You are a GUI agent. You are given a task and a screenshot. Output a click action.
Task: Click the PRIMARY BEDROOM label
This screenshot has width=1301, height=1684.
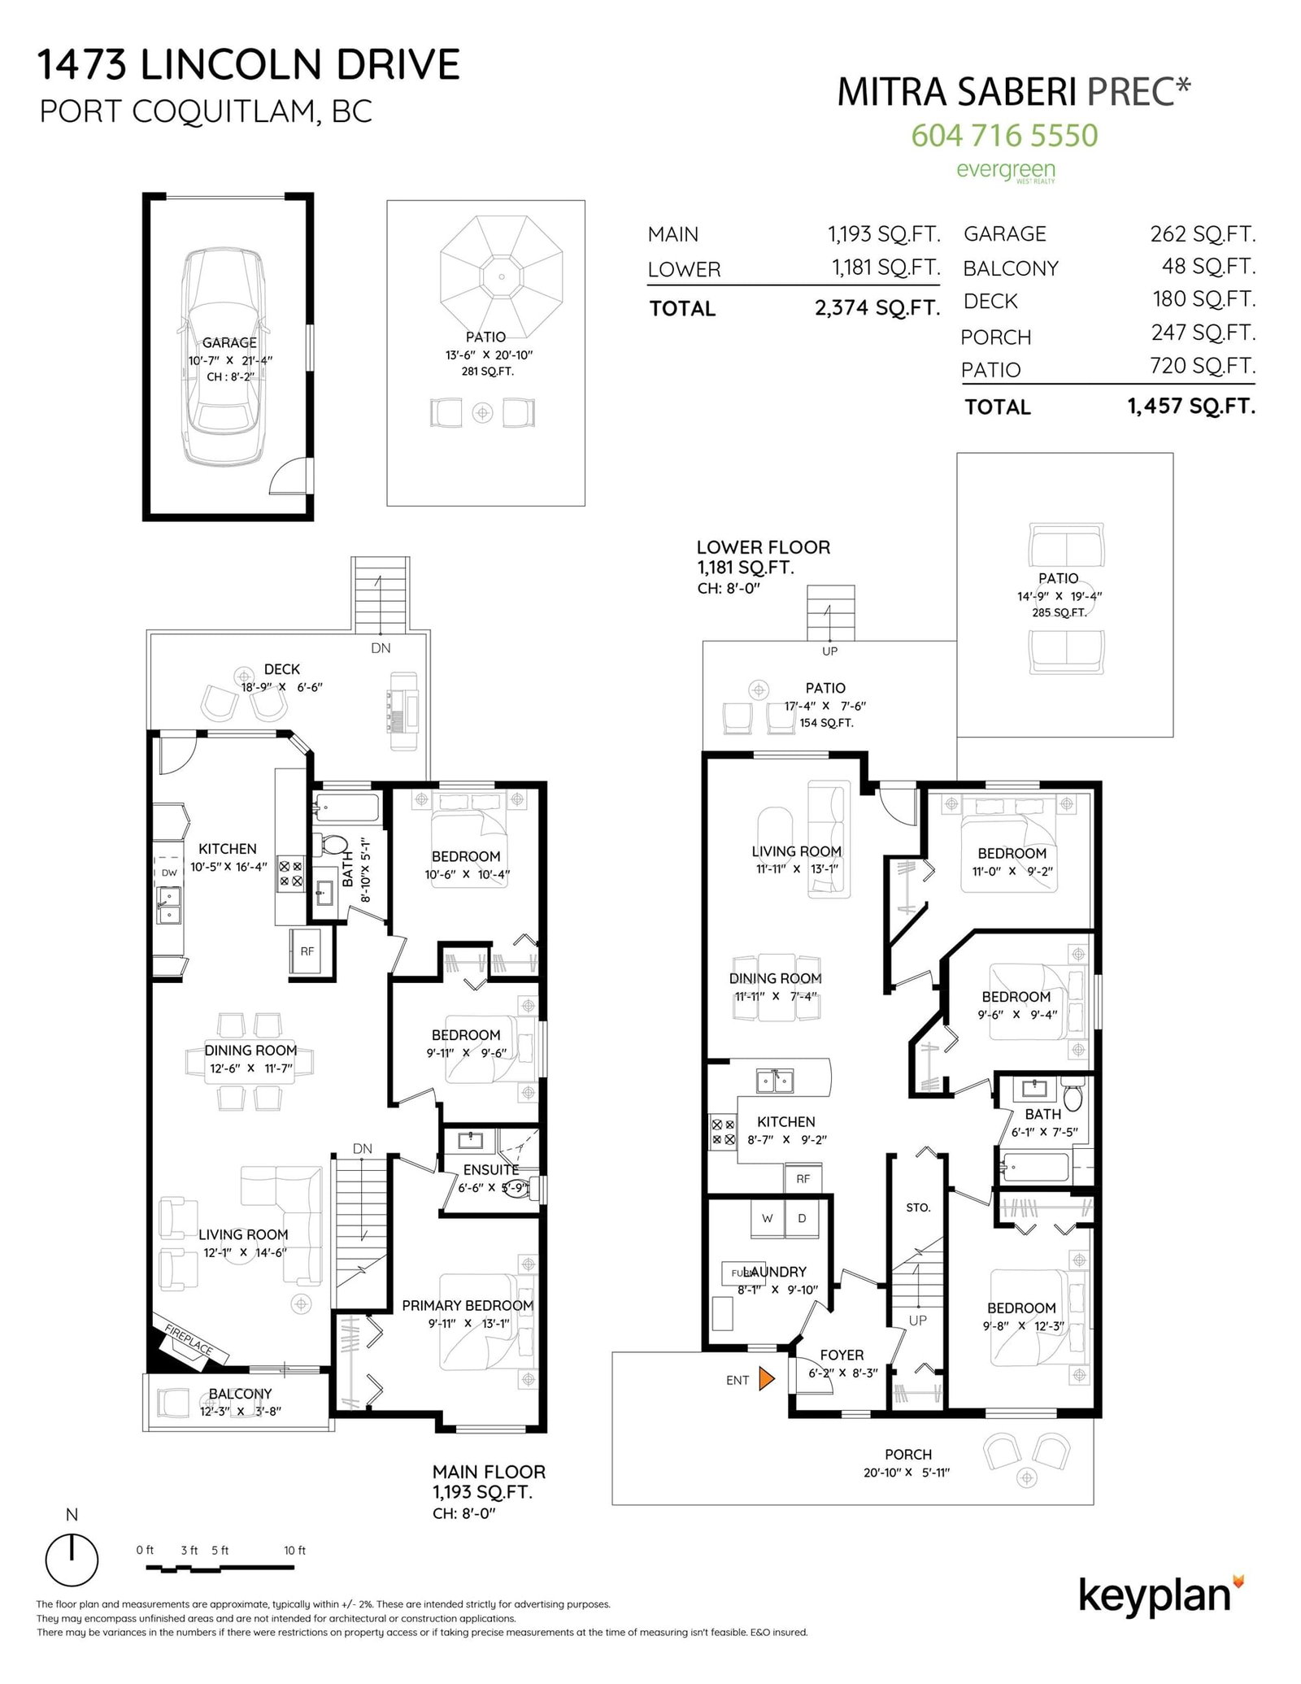[x=468, y=1305]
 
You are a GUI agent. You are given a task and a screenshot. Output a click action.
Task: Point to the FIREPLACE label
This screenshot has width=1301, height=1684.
[x=189, y=1339]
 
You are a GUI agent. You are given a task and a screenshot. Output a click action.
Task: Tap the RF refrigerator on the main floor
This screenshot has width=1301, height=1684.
[x=307, y=951]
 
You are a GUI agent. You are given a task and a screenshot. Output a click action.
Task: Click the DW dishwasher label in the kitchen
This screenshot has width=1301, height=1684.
[x=169, y=872]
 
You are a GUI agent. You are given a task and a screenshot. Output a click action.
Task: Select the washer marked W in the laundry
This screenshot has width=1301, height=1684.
[x=767, y=1218]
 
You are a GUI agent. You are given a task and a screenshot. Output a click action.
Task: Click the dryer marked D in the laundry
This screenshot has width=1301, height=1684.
[x=802, y=1218]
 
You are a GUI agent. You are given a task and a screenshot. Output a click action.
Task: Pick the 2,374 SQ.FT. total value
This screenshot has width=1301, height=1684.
[x=877, y=308]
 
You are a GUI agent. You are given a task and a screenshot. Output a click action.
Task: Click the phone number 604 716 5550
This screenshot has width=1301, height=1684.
[x=1004, y=135]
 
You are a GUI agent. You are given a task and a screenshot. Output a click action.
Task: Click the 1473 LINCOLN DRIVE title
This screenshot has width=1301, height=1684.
[x=249, y=65]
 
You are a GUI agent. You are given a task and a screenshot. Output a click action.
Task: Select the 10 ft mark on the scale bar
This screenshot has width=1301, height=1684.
[x=294, y=1551]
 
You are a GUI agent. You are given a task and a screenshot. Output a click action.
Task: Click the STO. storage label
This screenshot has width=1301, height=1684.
[x=918, y=1208]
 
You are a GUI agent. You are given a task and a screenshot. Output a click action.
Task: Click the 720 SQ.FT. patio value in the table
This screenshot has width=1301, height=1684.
[x=1203, y=366]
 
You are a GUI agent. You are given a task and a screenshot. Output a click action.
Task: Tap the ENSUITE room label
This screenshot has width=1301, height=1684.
[x=491, y=1169]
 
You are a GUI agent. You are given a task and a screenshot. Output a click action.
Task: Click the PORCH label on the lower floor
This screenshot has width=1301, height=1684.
[x=908, y=1454]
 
